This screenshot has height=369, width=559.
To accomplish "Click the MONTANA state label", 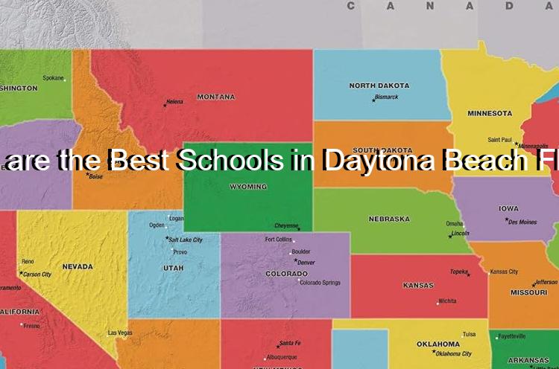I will point(215,97).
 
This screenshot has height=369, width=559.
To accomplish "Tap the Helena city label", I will point(174,101).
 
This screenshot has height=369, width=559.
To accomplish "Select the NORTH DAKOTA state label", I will point(379,86).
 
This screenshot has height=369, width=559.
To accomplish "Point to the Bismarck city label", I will point(387,97).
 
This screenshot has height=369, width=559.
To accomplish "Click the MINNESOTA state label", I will point(490,113).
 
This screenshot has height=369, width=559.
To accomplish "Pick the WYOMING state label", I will point(247,186).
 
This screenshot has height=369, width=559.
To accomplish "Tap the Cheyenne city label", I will point(286,225).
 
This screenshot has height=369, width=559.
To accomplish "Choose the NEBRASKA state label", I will point(389,219).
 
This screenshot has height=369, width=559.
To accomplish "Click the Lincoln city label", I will point(460,233).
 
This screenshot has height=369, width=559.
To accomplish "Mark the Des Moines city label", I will point(522,222).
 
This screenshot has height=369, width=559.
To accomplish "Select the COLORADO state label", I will point(286,274).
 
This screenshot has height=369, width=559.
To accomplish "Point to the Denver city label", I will point(306,263).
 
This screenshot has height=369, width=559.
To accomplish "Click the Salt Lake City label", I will point(186,240).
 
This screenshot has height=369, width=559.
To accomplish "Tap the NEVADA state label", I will point(78,266).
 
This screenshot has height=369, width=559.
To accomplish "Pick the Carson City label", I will point(37,275).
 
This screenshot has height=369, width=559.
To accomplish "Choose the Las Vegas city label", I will point(120,333).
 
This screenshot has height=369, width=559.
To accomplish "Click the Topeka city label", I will point(458,272).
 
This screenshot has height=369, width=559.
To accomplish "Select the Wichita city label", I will point(447,301).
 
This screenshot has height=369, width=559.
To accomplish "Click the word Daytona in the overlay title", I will point(377,161).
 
